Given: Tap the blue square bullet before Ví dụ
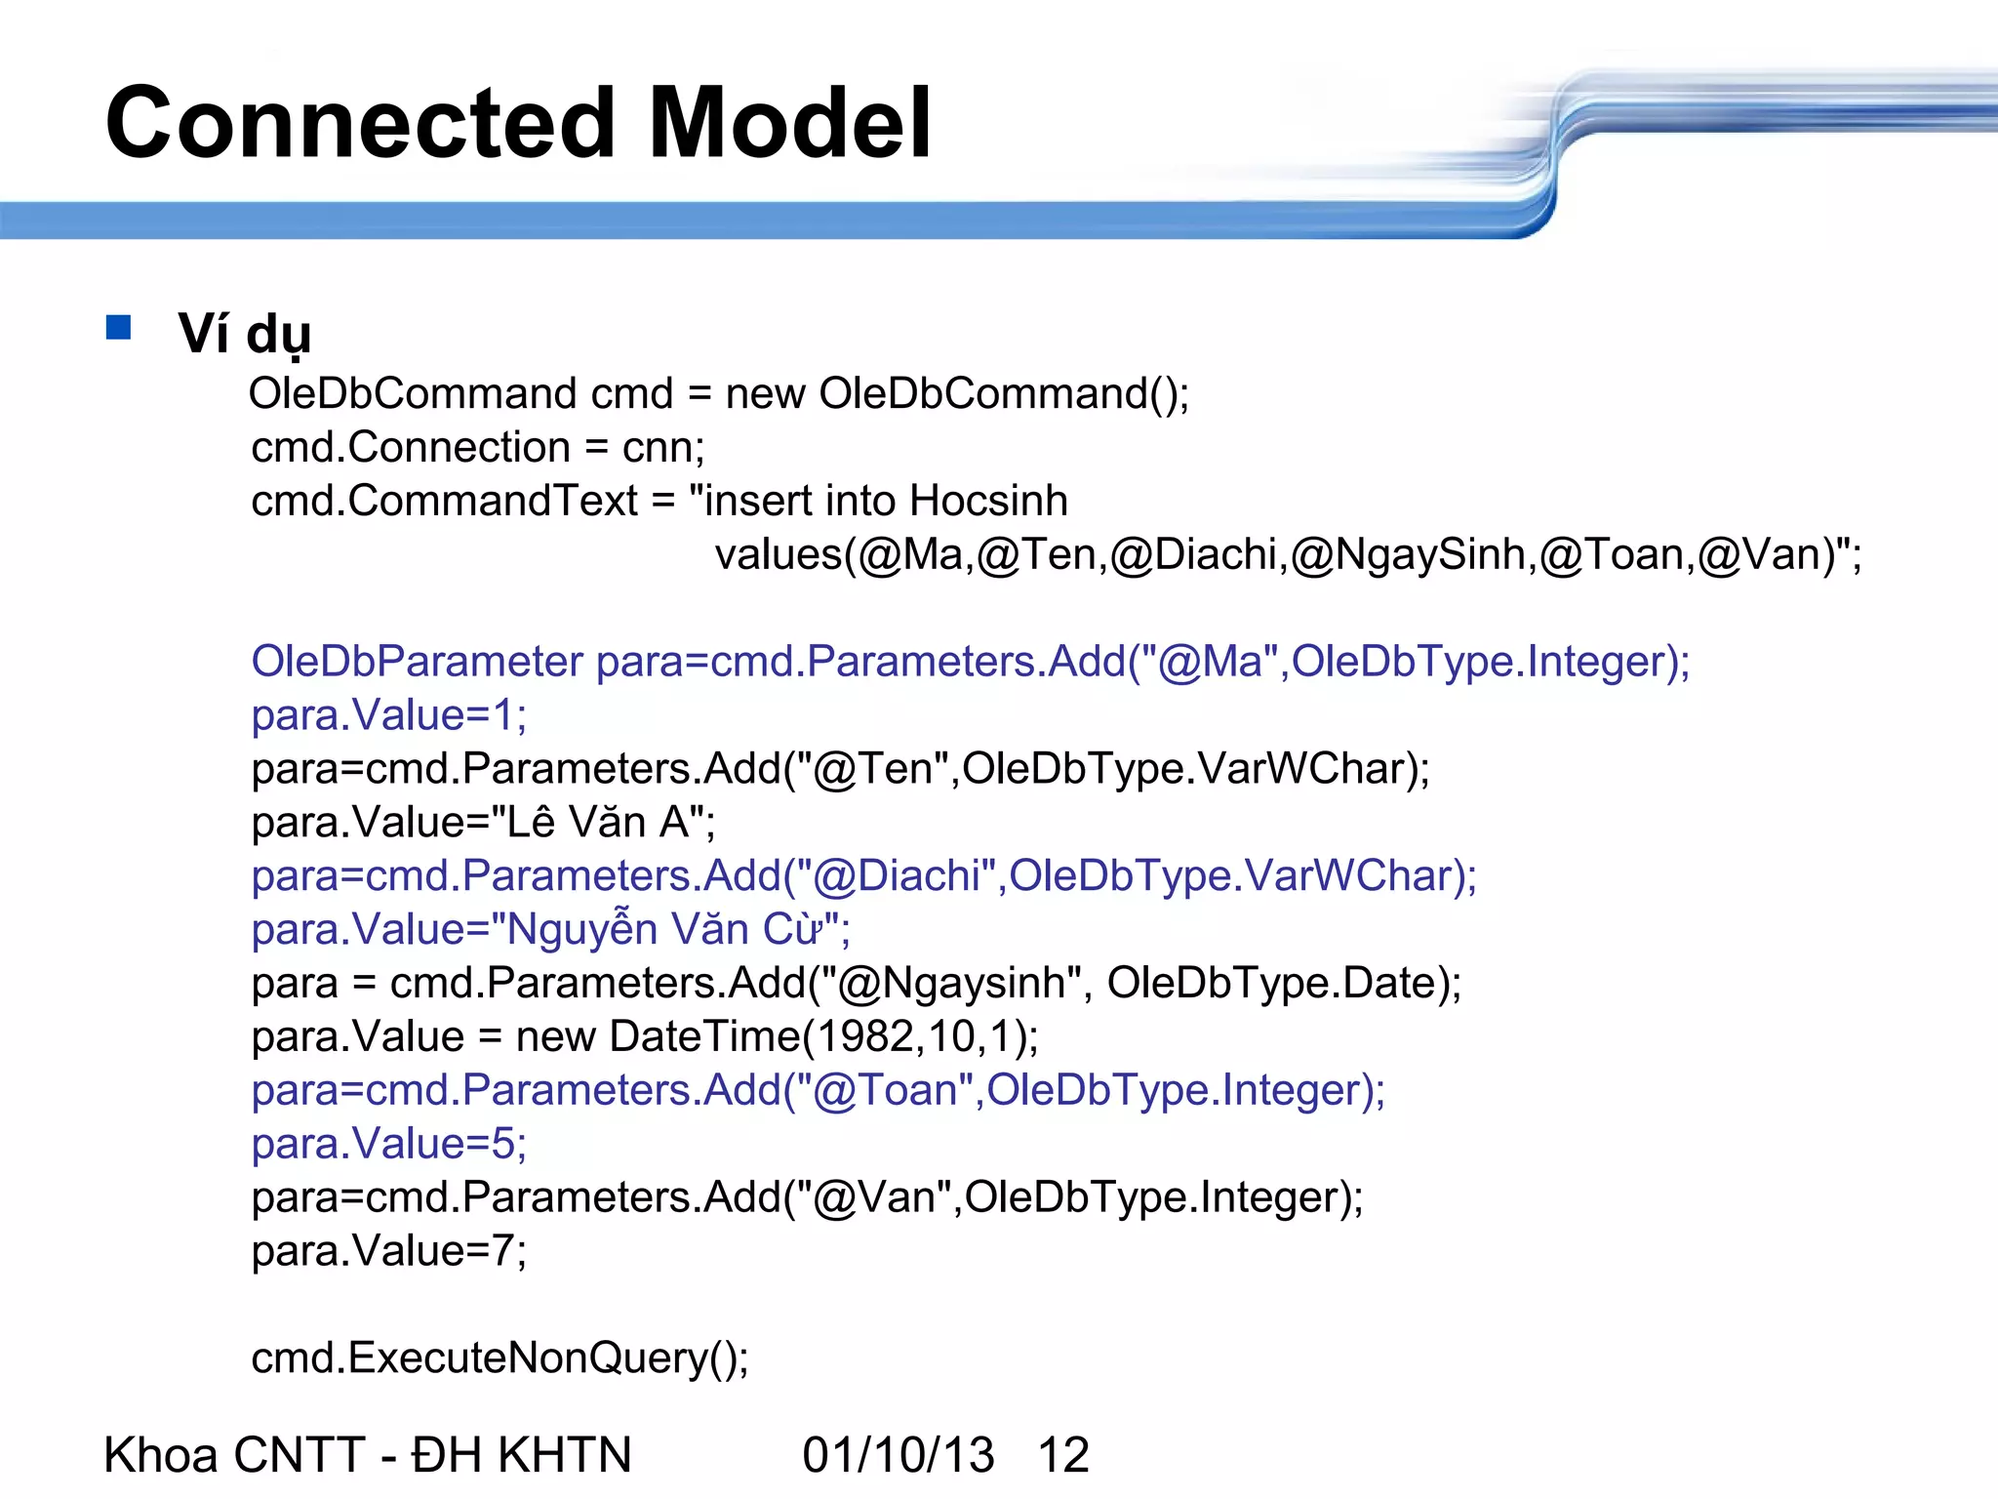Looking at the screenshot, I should [x=119, y=327].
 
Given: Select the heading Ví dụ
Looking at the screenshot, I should [x=245, y=335].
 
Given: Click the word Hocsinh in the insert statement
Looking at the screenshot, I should [x=989, y=501].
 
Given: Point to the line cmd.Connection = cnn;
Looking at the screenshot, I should [x=477, y=448].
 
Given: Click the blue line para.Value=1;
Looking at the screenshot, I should [x=388, y=715].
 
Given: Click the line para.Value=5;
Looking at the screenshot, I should [x=388, y=1144].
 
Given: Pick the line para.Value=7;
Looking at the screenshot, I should [x=388, y=1251].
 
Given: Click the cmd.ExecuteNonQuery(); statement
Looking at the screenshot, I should [x=499, y=1358].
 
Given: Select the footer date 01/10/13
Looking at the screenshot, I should [x=898, y=1455].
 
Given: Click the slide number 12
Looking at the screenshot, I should [x=1063, y=1455].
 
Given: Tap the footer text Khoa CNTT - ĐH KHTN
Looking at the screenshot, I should [x=368, y=1455].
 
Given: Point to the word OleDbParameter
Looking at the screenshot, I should [x=417, y=662].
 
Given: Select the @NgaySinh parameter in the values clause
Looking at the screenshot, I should [x=1408, y=555].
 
